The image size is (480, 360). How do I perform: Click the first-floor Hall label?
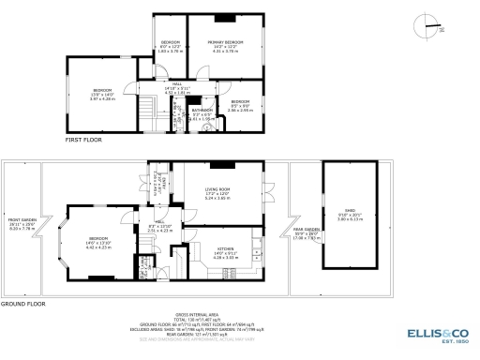(x=177, y=86)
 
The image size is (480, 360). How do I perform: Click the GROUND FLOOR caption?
(x=24, y=305)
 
